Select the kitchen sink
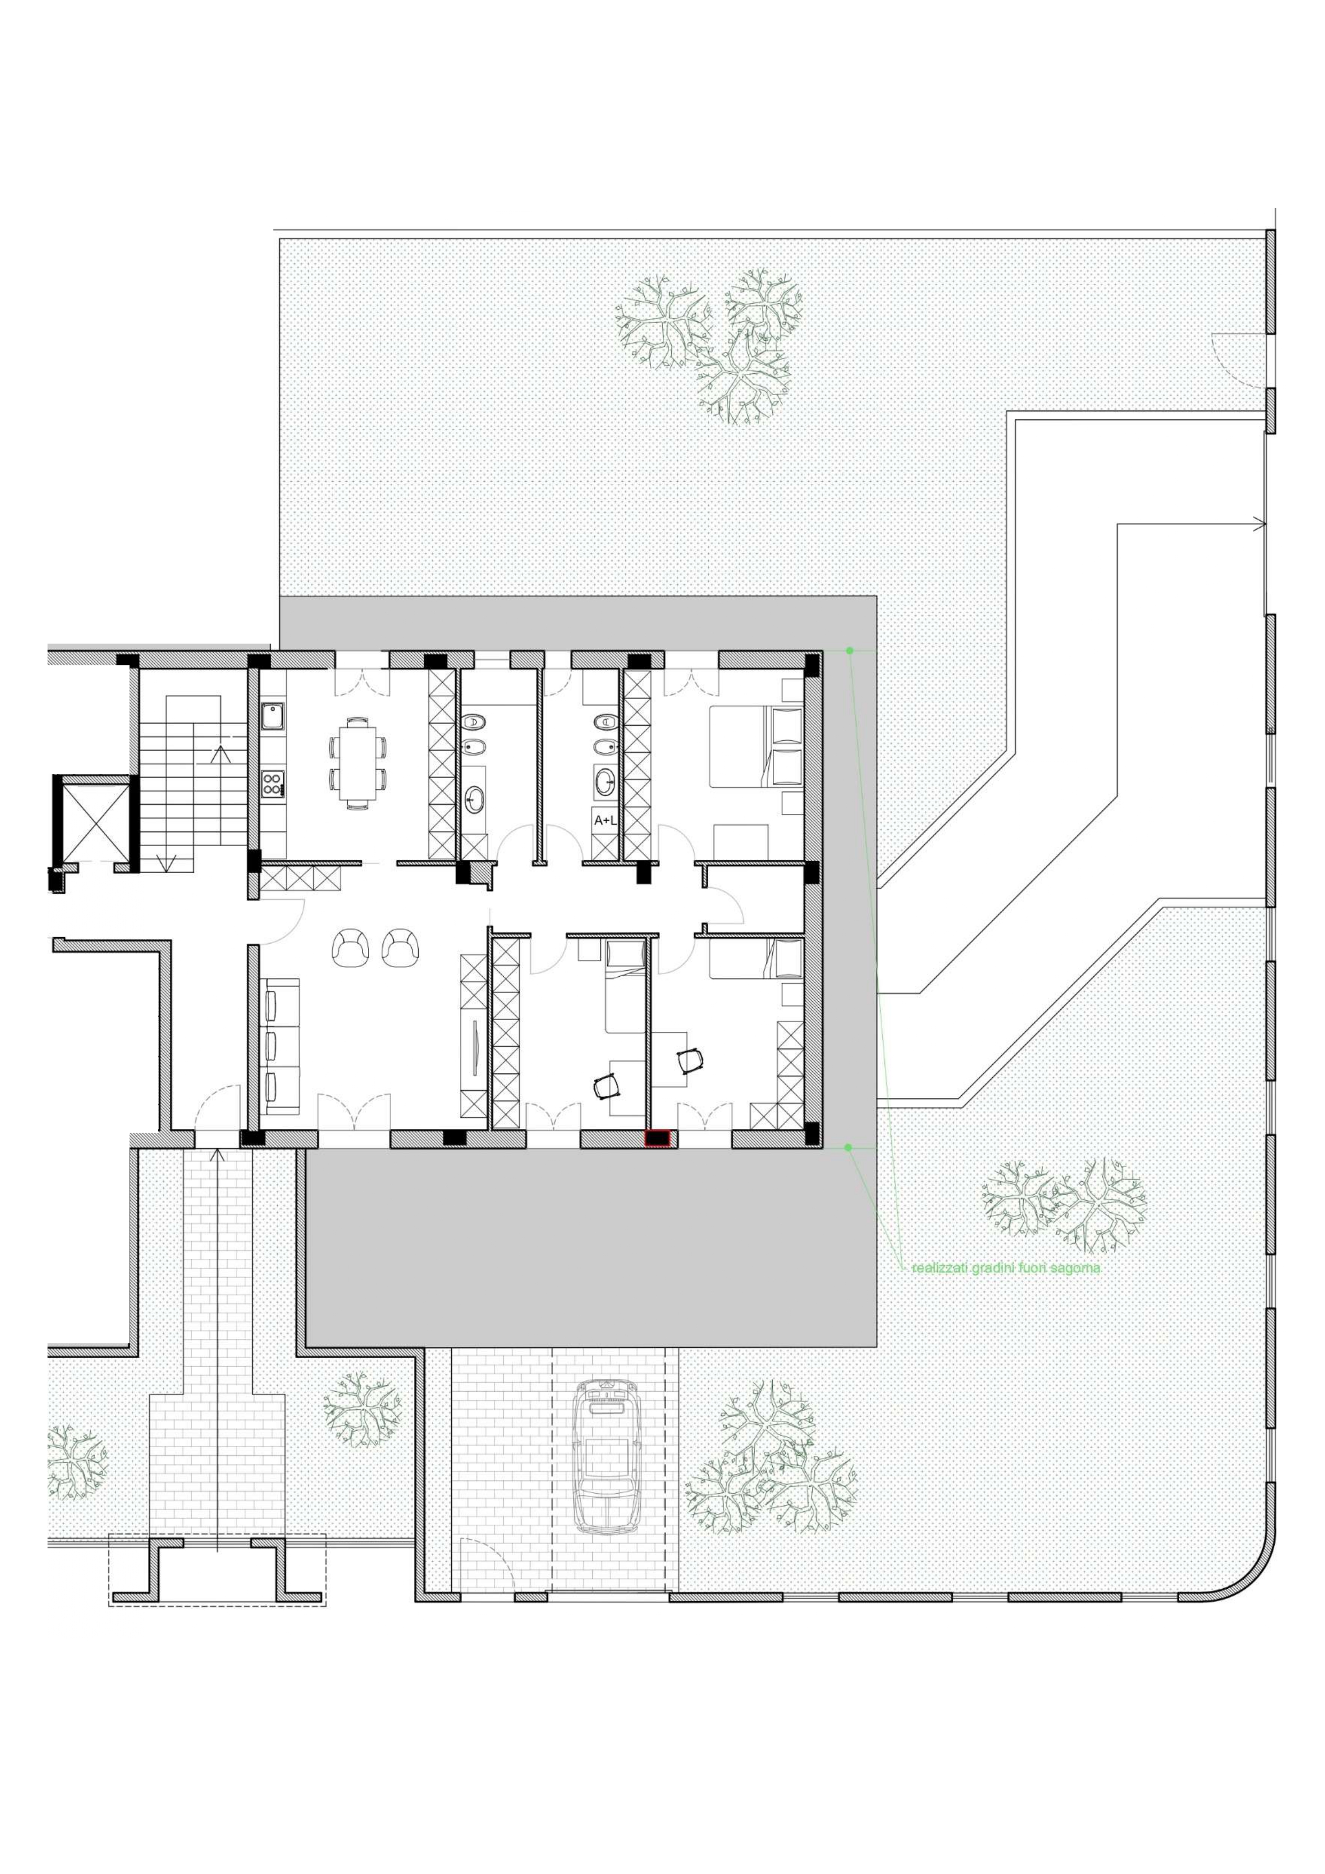coord(272,716)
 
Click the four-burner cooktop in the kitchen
coord(272,783)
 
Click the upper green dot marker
coord(850,650)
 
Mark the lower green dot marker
coord(848,1148)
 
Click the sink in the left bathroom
coord(474,798)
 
